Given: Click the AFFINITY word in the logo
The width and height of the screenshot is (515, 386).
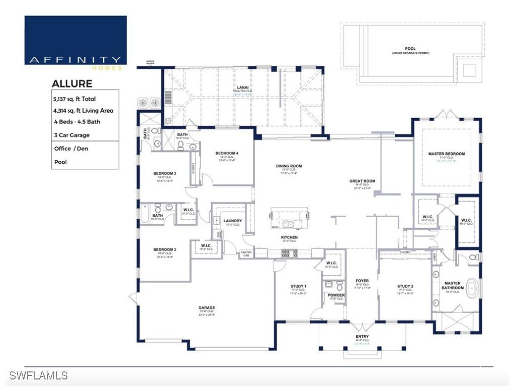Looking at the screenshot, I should [x=75, y=60].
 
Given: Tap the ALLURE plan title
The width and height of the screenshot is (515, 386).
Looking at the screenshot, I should [x=72, y=83].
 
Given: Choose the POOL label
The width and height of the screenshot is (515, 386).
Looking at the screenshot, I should [x=410, y=49].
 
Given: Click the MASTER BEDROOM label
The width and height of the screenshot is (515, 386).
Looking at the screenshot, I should [x=446, y=154].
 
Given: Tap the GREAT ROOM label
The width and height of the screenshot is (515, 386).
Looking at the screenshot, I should [x=362, y=181].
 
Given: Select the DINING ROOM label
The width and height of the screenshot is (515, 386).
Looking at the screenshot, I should [x=289, y=166].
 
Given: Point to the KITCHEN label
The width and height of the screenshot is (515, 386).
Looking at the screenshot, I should [x=289, y=237].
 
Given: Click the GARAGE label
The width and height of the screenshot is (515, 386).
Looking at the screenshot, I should [x=207, y=308].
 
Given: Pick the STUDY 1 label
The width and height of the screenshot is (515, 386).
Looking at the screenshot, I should [x=299, y=286].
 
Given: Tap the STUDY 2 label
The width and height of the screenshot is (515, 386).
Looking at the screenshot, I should [x=405, y=286].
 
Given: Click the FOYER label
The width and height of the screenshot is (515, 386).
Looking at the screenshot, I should [x=362, y=281].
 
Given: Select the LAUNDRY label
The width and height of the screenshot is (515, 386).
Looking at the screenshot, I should [x=233, y=221].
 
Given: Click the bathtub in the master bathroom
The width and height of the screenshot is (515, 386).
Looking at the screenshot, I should [x=472, y=290].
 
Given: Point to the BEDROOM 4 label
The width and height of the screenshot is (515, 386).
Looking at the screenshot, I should [x=227, y=153].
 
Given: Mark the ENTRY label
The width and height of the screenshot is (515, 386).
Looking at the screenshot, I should [x=362, y=336].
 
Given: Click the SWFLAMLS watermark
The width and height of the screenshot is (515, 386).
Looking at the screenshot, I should [x=38, y=375].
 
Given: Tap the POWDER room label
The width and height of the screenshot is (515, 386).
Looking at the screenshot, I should [x=336, y=295].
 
